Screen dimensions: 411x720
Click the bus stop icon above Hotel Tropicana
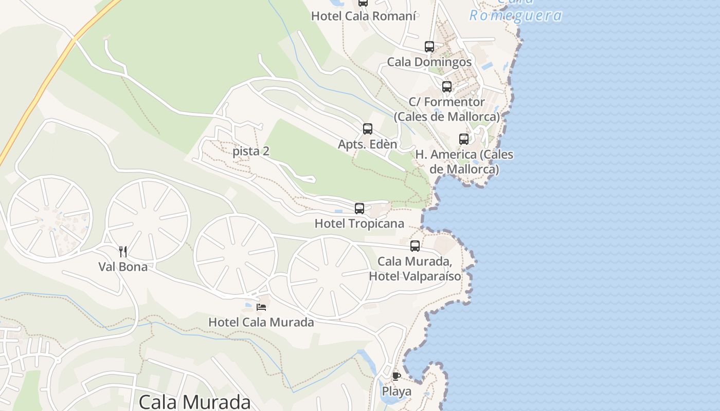click(359, 209)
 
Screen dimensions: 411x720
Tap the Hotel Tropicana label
click(359, 223)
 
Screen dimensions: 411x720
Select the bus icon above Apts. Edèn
click(368, 129)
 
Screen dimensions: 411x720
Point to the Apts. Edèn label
click(367, 144)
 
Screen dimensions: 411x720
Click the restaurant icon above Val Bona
click(123, 251)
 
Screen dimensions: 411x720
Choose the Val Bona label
click(123, 267)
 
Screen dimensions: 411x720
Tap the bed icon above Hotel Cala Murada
click(261, 307)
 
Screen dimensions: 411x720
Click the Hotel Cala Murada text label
click(261, 322)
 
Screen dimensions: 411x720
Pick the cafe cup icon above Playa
click(397, 376)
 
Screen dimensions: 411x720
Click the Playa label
click(397, 391)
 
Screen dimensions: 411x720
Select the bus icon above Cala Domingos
click(429, 47)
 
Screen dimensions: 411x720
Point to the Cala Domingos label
click(429, 62)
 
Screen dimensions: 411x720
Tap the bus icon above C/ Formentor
click(447, 87)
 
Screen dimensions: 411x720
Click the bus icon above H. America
click(464, 139)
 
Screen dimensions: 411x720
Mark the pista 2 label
click(251, 151)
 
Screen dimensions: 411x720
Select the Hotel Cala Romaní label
click(364, 16)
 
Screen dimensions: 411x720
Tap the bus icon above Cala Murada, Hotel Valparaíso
click(415, 246)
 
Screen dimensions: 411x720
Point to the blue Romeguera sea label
click(515, 15)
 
